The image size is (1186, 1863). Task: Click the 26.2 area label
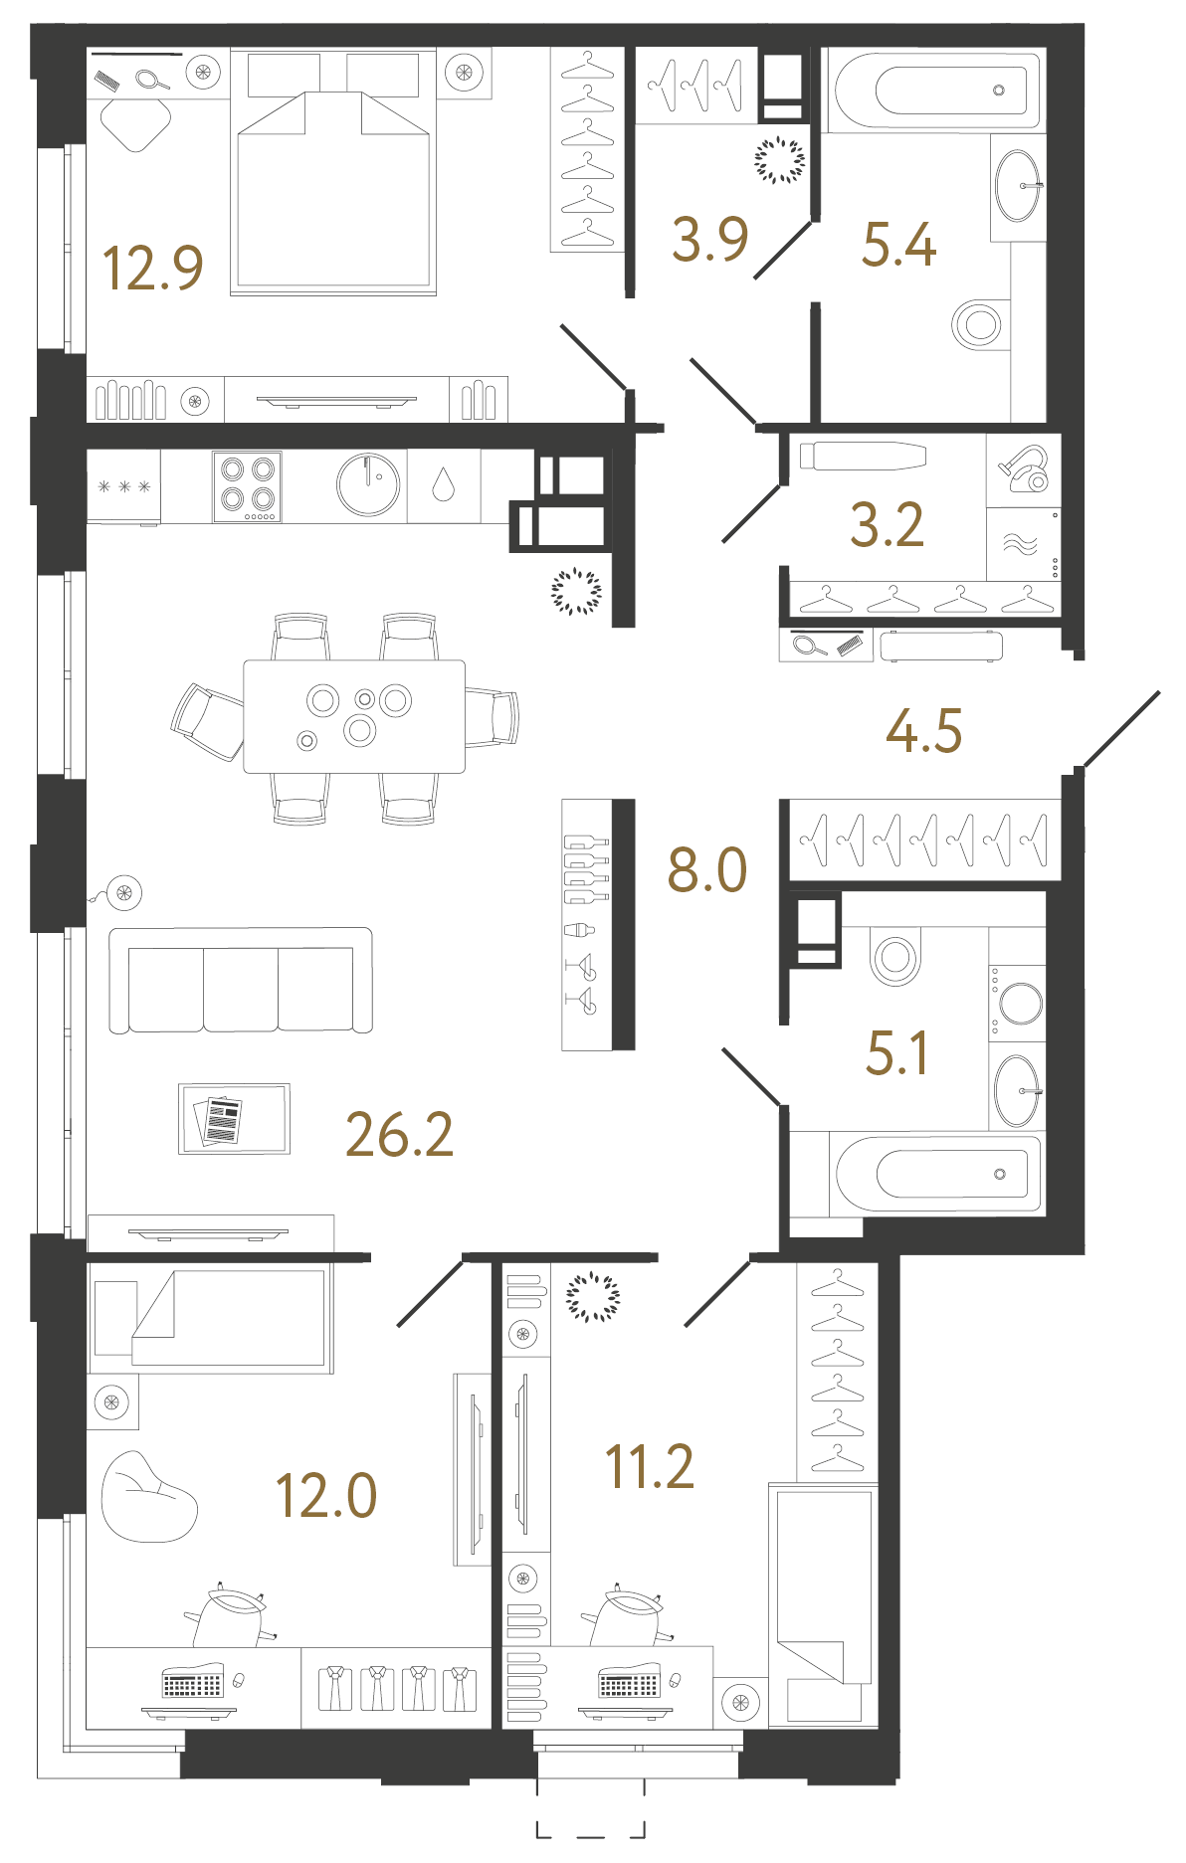[399, 1134]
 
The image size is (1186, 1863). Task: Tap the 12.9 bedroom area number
[153, 268]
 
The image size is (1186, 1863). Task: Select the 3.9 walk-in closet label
[709, 240]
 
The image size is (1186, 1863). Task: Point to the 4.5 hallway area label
[924, 730]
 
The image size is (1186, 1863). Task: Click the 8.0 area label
[707, 869]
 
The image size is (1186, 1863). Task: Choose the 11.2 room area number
[650, 1466]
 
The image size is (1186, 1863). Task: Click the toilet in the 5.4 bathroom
[978, 324]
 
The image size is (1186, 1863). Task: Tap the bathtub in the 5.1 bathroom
[937, 1174]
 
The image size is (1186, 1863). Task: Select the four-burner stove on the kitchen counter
[247, 486]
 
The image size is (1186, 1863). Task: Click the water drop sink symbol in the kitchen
[443, 485]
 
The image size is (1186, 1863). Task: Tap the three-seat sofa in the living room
[241, 981]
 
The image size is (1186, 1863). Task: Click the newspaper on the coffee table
[219, 1121]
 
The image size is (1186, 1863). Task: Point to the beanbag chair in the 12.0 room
[148, 1497]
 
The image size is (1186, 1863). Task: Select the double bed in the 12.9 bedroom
[333, 172]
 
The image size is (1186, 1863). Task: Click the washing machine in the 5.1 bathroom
[1017, 1003]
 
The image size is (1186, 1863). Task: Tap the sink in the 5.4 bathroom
[1018, 186]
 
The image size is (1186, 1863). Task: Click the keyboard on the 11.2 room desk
[629, 1685]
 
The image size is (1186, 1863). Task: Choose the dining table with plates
[354, 716]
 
